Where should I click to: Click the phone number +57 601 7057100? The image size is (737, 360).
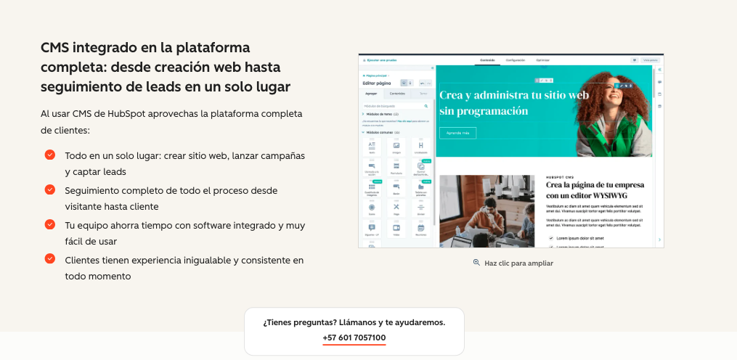[354, 337]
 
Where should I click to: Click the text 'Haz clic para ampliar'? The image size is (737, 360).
[518, 263]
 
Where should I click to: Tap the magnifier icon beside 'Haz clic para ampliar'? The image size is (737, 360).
[476, 263]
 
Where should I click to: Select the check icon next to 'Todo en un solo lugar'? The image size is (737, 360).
[50, 155]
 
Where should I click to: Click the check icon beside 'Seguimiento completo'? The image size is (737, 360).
[50, 189]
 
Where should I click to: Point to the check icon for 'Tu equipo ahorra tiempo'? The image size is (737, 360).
[50, 224]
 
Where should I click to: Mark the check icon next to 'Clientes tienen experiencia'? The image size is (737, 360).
[50, 258]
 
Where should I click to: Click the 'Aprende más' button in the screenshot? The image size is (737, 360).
[457, 133]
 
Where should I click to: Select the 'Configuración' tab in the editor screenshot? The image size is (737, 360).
[515, 60]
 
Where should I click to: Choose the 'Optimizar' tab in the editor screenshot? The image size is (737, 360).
[542, 60]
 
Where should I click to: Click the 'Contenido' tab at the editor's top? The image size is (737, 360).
[487, 60]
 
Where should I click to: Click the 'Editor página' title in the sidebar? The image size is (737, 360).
[377, 83]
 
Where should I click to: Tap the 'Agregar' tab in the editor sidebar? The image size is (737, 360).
[372, 94]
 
